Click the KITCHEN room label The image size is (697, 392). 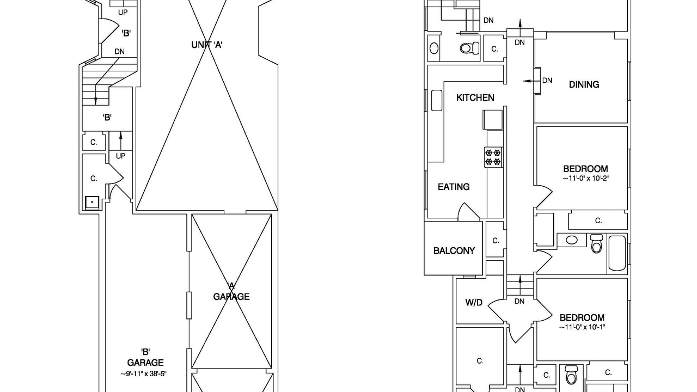coord(475,97)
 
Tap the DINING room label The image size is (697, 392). coord(584,84)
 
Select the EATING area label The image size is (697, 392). coord(454,187)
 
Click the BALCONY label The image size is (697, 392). coord(454,250)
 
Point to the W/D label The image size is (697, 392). coord(474,302)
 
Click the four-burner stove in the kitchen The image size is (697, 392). coord(493,157)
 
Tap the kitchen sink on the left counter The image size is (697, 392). coord(437,101)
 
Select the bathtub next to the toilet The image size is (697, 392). coord(617,253)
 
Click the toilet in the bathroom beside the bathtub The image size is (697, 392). coord(596,243)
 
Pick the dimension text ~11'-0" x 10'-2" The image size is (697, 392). coord(585,179)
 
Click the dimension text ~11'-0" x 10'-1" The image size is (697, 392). coord(582,327)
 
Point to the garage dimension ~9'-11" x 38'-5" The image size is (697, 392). coord(143,373)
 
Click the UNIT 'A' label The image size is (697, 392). coord(207,45)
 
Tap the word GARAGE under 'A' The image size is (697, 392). coord(231,297)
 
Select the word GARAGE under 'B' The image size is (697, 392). coord(145,363)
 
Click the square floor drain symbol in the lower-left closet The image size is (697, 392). coord(92,203)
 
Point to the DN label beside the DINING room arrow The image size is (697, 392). coord(547,81)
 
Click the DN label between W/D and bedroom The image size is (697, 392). coord(519,301)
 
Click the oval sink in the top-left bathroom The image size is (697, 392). coord(434,48)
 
